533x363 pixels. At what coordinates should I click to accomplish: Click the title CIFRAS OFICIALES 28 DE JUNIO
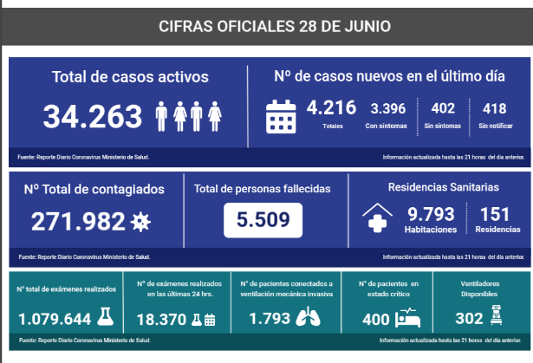[275, 26]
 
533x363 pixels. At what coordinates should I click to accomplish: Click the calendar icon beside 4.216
[282, 115]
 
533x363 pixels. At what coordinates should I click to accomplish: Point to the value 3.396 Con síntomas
[387, 108]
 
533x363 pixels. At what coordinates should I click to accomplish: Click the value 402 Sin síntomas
[443, 108]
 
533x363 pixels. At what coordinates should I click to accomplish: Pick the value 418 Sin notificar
[494, 108]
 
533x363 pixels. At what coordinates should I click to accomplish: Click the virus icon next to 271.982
[140, 223]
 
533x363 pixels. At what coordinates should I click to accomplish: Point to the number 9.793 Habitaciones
[431, 213]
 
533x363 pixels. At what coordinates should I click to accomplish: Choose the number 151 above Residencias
[494, 213]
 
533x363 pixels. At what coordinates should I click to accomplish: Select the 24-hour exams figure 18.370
[165, 319]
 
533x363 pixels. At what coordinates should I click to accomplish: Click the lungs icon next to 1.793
[307, 318]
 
